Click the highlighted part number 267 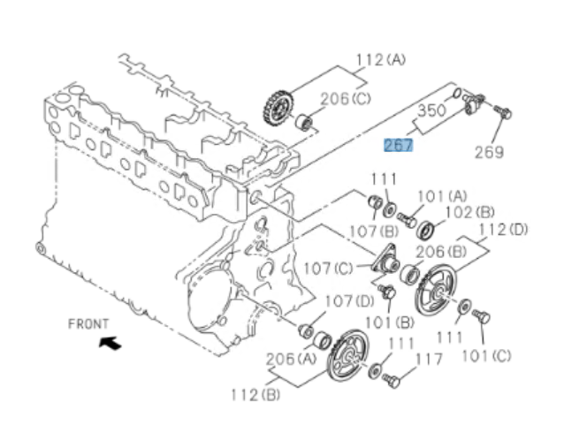coord(398,144)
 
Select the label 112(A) coord(381,60)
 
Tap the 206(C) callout coord(347,99)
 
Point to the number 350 coord(431,112)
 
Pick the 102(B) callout coord(469,212)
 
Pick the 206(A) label coord(286,360)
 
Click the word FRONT coord(89,323)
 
